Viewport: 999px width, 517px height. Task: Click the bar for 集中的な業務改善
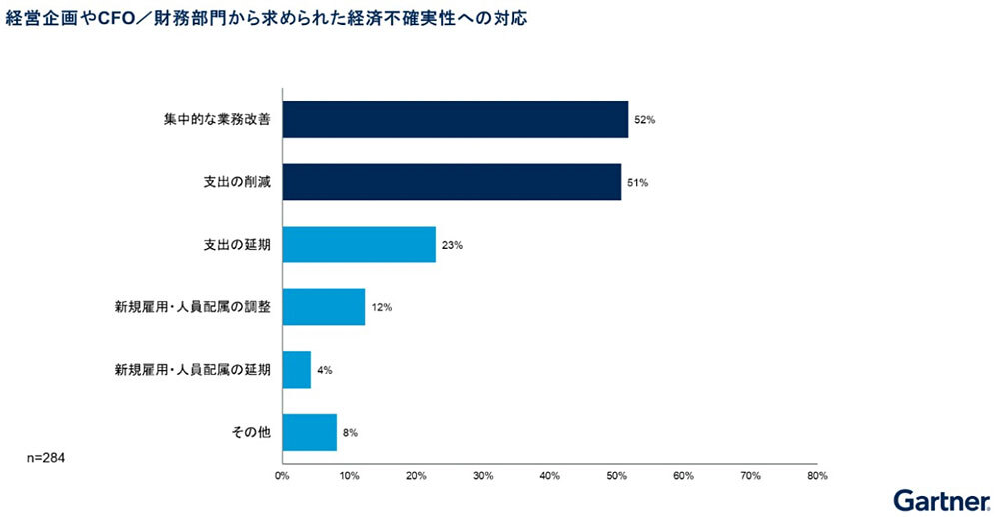[x=455, y=120]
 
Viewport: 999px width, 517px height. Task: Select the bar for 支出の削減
[x=452, y=182]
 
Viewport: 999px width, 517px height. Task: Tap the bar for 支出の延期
[x=359, y=245]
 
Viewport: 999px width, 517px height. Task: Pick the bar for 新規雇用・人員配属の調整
[x=323, y=306]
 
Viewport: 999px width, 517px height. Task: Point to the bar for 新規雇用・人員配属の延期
[x=297, y=369]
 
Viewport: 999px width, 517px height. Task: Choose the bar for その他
[x=310, y=432]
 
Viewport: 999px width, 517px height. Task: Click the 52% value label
[x=642, y=120]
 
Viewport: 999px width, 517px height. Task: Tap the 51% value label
[x=636, y=183]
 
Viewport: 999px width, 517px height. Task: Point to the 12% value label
[x=380, y=307]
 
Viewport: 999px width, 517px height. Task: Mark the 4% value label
[x=324, y=370]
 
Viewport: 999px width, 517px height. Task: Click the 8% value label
[x=350, y=433]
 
